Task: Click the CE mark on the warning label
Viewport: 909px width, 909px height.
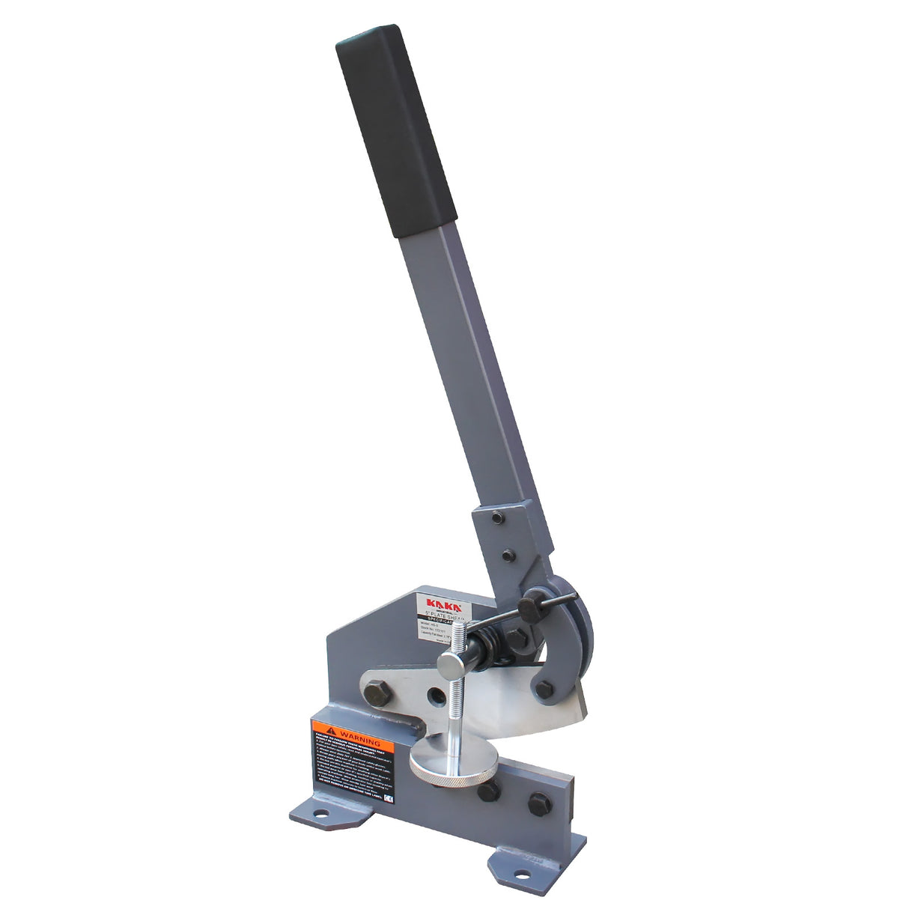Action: [x=388, y=799]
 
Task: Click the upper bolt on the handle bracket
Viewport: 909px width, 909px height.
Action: [x=497, y=517]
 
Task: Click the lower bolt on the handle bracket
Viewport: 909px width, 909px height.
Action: [x=508, y=556]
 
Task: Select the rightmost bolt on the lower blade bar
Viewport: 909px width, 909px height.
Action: [x=539, y=803]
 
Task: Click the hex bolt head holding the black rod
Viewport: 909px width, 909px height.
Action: [x=532, y=607]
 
